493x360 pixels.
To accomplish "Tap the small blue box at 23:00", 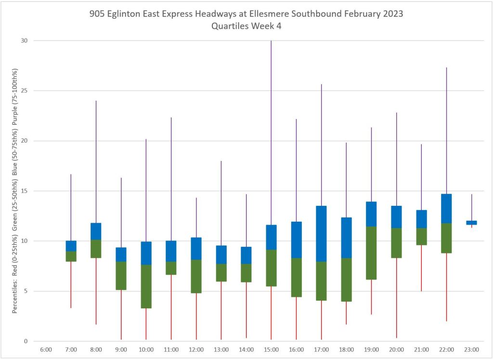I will [471, 223].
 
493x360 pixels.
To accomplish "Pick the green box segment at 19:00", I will [371, 253].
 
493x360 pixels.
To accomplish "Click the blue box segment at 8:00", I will [96, 231].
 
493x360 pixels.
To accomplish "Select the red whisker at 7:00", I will [71, 284].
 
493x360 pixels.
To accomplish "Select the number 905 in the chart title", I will [97, 14].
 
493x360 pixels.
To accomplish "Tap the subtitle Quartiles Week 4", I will [246, 26].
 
